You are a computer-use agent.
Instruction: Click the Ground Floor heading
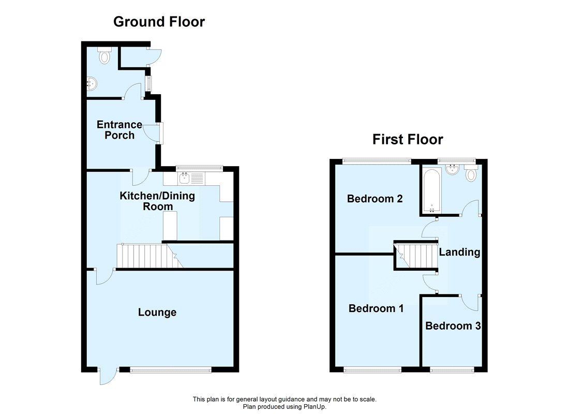tap(159, 22)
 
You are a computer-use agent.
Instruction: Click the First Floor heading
tap(408, 139)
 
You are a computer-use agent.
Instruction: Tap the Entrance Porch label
tap(119, 130)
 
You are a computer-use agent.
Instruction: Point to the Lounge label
tap(157, 313)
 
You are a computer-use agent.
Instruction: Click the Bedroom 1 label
tap(376, 308)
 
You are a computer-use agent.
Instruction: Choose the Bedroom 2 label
tap(375, 199)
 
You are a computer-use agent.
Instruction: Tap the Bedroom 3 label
tap(453, 326)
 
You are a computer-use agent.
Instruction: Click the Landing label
tap(459, 253)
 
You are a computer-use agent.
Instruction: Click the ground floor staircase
tap(145, 256)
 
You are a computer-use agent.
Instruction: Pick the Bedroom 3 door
tap(470, 301)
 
